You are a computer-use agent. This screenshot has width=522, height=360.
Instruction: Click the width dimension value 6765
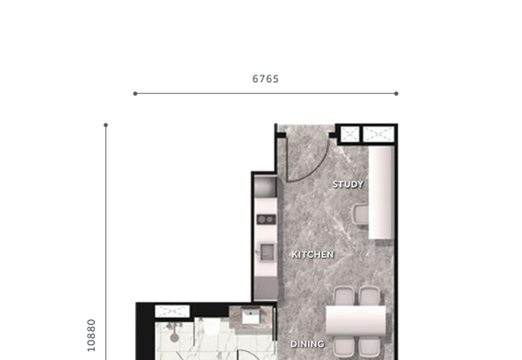click(266, 79)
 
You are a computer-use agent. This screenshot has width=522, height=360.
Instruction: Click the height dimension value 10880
click(91, 335)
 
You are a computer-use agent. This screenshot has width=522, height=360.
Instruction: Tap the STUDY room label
click(348, 185)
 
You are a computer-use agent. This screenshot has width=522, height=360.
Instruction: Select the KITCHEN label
click(313, 254)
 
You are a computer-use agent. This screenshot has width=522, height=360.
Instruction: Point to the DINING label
click(307, 344)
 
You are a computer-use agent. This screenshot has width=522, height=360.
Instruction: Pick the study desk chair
click(360, 214)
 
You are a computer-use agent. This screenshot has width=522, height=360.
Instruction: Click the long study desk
click(381, 192)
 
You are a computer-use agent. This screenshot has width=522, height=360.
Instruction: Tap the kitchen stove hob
click(266, 219)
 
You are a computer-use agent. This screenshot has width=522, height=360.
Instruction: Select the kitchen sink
click(266, 252)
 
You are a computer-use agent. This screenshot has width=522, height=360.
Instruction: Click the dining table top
click(356, 321)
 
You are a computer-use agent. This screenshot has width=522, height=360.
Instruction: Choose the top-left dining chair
click(344, 297)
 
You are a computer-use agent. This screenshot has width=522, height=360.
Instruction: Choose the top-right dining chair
click(369, 297)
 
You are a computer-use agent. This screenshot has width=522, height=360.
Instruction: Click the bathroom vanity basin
click(251, 317)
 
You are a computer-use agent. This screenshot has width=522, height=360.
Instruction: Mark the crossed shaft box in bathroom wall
click(172, 311)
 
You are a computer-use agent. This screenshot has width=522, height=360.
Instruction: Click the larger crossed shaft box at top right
click(379, 134)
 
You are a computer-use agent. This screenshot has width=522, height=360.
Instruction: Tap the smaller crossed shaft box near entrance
click(350, 134)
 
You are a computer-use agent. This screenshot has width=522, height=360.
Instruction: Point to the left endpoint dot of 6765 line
click(135, 93)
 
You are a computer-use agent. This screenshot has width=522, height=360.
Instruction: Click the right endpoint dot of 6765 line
click(396, 93)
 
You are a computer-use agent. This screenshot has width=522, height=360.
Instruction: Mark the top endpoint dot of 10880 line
click(106, 125)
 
